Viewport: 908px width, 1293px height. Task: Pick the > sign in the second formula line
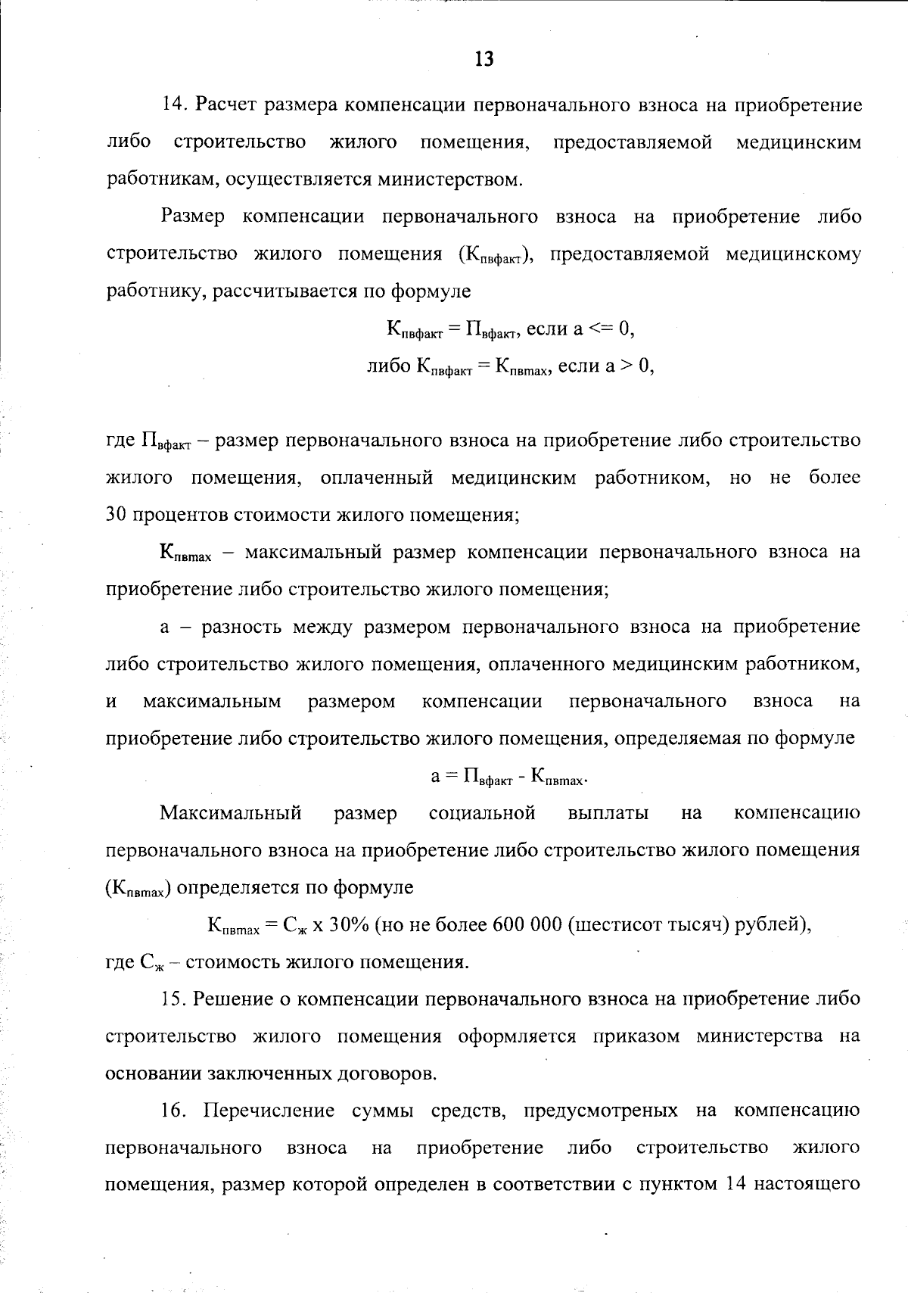coord(627,366)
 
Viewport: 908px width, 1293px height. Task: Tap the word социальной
coord(482,814)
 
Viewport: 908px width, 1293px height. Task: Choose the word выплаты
coord(608,814)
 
